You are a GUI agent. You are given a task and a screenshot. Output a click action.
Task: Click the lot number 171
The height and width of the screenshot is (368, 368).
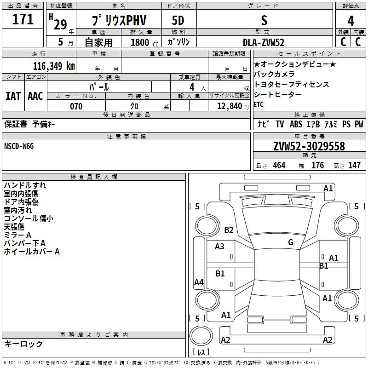pos(23,19)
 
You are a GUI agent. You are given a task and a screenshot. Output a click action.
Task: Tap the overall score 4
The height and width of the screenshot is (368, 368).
pos(351,21)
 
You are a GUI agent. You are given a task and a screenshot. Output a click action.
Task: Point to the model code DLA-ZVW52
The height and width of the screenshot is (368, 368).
pos(263,42)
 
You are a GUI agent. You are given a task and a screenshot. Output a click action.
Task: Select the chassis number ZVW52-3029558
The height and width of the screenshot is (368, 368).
pos(309,146)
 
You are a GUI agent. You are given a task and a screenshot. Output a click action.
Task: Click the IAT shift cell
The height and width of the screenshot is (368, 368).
pos(13,96)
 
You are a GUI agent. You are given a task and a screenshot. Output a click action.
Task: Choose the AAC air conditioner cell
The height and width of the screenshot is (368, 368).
pos(35,96)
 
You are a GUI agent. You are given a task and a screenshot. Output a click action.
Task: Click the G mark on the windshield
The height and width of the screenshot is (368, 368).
pos(291,242)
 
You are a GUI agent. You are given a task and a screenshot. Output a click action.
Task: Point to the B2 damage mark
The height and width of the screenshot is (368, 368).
pos(229,230)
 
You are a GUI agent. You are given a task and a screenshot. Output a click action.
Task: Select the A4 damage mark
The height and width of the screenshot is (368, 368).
pos(199,282)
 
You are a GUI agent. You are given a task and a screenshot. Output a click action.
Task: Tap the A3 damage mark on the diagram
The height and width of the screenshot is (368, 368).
pos(220,247)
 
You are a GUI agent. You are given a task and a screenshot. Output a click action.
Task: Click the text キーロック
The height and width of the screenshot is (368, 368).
pos(23,344)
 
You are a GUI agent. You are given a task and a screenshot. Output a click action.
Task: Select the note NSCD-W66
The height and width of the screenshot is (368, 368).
pos(19,146)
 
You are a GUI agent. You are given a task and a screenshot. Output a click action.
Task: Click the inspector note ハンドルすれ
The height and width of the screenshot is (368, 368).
pos(25,185)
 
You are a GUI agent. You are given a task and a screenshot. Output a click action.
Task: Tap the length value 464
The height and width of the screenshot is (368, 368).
pos(279,165)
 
